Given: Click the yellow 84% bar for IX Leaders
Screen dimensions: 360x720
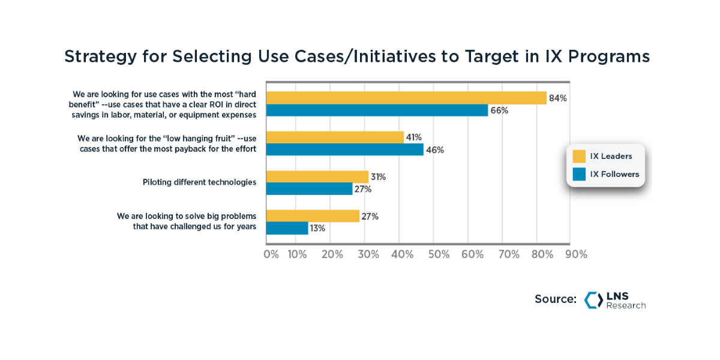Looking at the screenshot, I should (x=406, y=98).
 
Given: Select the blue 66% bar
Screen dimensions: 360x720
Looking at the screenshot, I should (x=377, y=110).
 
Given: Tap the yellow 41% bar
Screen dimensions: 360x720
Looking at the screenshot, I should (x=335, y=137).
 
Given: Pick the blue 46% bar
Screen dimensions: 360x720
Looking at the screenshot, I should (x=344, y=150).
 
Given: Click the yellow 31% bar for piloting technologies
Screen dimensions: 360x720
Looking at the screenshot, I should (x=317, y=177).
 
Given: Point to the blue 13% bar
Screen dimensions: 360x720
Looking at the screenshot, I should (x=287, y=228).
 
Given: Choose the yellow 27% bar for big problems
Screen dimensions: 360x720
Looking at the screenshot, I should (x=313, y=216).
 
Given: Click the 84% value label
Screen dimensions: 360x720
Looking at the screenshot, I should (x=558, y=98).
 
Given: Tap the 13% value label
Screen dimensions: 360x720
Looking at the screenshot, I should (x=317, y=229).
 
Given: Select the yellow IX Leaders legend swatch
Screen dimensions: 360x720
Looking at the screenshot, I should (x=578, y=156).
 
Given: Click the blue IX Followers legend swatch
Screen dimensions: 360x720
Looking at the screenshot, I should (x=578, y=175).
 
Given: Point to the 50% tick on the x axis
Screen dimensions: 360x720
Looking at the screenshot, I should (x=439, y=254).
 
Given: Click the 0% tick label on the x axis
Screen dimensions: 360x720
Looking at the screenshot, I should (x=271, y=254).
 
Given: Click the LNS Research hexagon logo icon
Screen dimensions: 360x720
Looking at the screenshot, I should (x=593, y=300).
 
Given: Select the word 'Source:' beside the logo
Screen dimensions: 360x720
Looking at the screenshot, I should (x=556, y=299).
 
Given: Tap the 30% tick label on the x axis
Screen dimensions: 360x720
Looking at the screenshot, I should (x=368, y=254).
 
